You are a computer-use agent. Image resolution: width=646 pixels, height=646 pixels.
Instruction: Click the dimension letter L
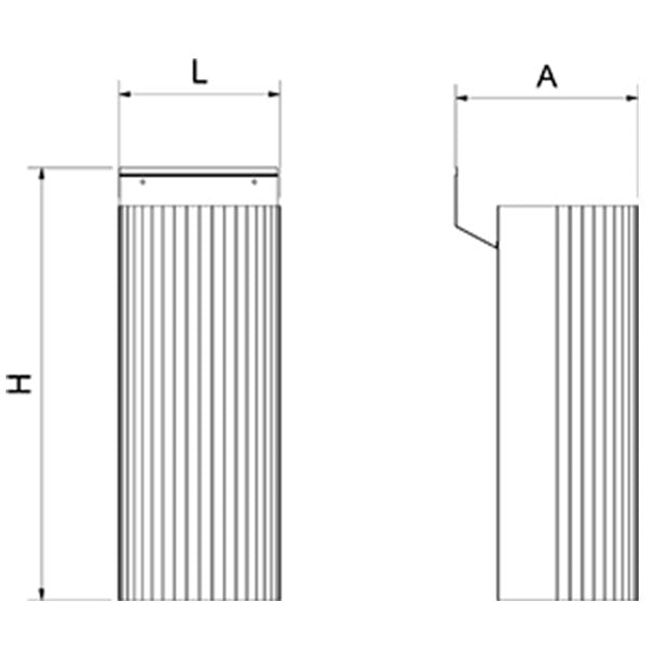(x=199, y=73)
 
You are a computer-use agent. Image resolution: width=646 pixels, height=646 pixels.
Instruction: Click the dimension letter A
(x=547, y=77)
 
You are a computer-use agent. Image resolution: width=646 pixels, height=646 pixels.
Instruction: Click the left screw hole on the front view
(x=143, y=182)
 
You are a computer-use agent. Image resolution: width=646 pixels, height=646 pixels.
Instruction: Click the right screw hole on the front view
(x=254, y=182)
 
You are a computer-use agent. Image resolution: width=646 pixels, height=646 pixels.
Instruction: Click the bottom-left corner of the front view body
(x=119, y=599)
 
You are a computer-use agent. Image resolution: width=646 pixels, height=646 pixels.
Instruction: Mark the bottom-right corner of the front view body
(x=280, y=599)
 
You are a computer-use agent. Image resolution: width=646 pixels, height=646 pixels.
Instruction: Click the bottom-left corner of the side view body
(x=498, y=599)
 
